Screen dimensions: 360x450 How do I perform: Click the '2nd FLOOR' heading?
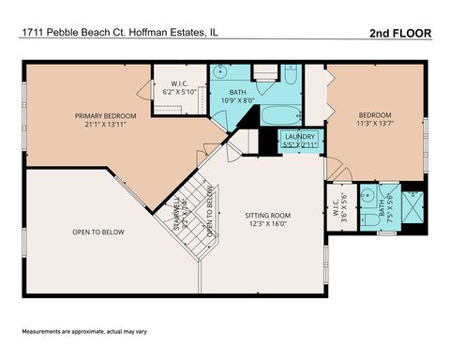coord(400,33)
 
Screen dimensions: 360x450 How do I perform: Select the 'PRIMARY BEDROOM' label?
coord(106,116)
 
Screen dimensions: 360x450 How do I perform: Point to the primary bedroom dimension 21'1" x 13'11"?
coord(106,126)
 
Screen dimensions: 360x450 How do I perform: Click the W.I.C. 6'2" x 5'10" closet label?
coord(179,88)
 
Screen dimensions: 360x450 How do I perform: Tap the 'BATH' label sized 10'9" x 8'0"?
coord(235,95)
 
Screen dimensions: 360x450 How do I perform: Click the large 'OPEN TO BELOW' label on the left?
coord(98,232)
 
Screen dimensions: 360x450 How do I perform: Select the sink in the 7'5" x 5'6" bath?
coord(370,198)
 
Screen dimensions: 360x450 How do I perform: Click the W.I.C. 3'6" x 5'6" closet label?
coord(338,211)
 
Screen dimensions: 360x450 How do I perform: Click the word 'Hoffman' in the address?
coord(146,33)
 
